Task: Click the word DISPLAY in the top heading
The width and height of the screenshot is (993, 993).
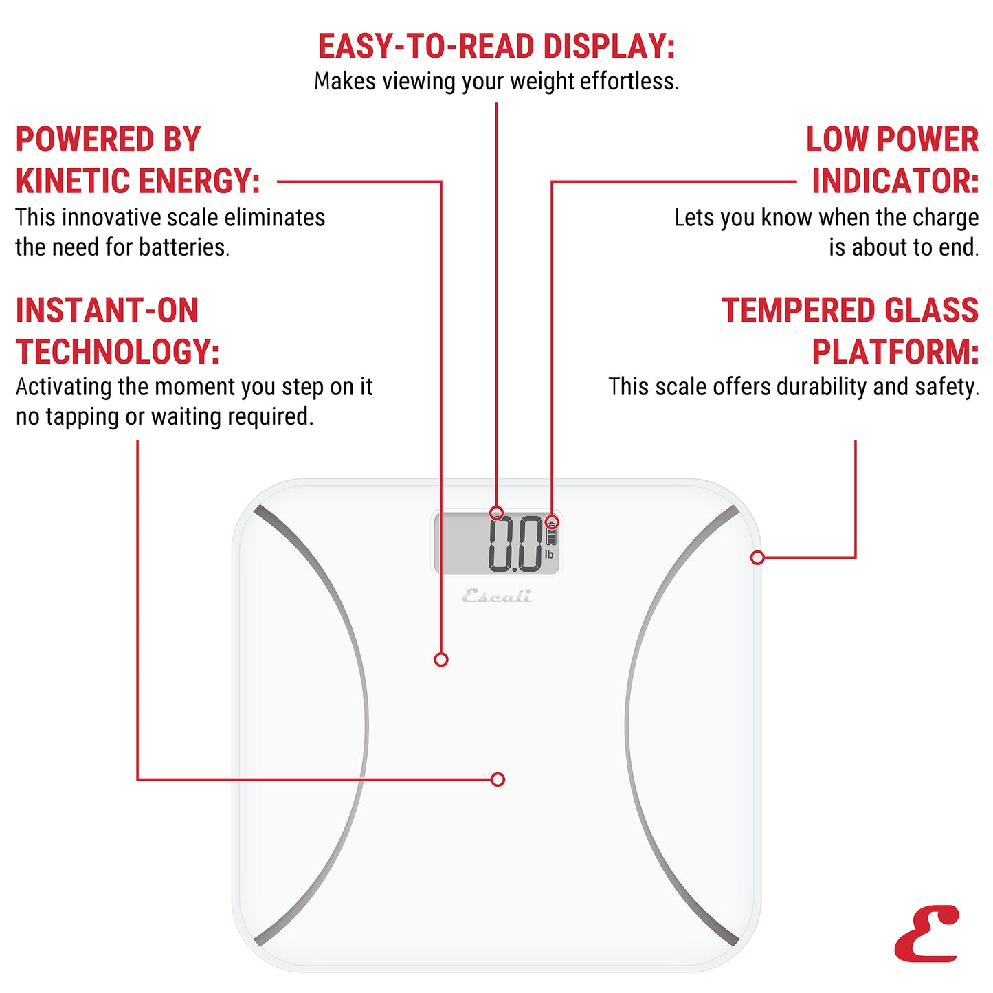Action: click(608, 47)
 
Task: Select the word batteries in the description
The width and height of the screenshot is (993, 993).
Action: click(183, 247)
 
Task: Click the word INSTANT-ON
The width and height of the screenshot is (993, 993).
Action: click(107, 311)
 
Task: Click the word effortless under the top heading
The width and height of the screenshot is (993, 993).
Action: click(629, 82)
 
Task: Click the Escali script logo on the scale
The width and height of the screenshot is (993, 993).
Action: click(497, 596)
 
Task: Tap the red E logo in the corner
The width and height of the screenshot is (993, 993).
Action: click(927, 934)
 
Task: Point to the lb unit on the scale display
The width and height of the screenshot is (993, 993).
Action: click(549, 555)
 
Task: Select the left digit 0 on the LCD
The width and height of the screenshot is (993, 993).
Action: click(503, 544)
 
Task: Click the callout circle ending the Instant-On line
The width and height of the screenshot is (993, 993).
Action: click(498, 779)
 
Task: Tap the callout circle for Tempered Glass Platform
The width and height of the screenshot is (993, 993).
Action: click(757, 557)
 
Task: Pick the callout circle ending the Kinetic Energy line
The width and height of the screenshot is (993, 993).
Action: click(441, 660)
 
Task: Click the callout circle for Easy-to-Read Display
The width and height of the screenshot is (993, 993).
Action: click(497, 513)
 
